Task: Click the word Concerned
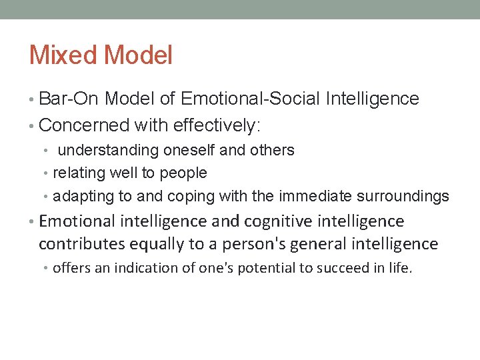point(83,125)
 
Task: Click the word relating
point(75,173)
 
